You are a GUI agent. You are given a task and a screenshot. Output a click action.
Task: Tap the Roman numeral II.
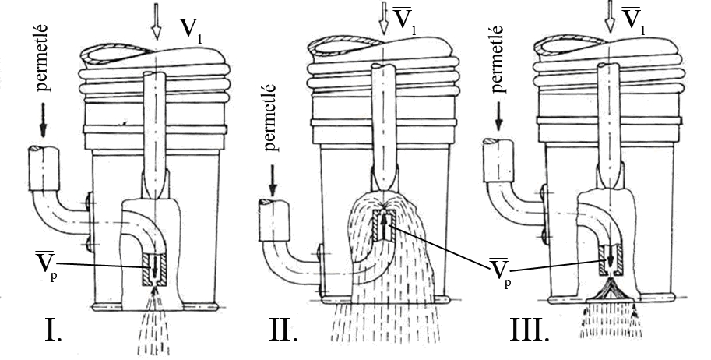tap(283, 331)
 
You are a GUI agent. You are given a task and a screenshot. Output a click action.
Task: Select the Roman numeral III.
tap(530, 331)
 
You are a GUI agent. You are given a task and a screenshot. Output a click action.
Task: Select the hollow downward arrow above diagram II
tap(383, 19)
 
